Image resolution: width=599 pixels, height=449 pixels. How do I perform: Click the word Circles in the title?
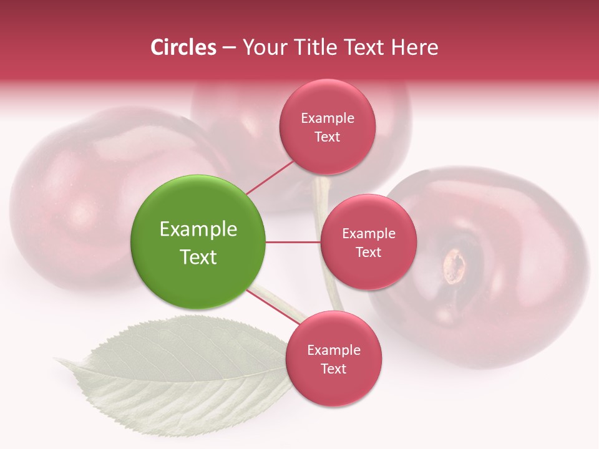[x=183, y=47]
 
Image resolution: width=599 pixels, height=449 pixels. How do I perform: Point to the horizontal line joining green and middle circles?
[x=293, y=242]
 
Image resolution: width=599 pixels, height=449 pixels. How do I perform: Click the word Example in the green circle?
[x=198, y=229]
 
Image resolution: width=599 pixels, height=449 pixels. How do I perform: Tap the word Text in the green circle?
[x=198, y=257]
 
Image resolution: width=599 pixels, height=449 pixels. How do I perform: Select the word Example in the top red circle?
[x=327, y=118]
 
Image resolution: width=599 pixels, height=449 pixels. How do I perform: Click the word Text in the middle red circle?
[x=368, y=252]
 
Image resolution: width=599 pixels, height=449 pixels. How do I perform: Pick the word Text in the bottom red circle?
[x=333, y=369]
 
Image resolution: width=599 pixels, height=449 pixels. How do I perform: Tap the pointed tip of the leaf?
[x=57, y=359]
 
